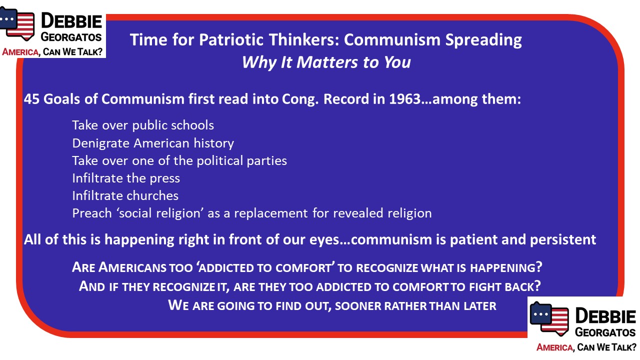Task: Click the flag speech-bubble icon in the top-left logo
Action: point(17,23)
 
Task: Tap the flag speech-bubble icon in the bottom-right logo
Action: point(549,319)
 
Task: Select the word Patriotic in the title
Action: point(231,39)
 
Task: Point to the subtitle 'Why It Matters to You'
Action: point(326,62)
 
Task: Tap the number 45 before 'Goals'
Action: point(31,99)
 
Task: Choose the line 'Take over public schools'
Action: point(143,125)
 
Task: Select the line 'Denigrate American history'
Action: point(153,143)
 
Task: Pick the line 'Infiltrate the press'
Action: point(126,178)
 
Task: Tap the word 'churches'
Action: point(152,195)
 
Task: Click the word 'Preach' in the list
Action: point(91,213)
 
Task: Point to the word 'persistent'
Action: point(563,239)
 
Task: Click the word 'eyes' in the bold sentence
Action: point(324,240)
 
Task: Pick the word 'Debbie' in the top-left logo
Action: point(71,21)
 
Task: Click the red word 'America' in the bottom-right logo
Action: point(554,347)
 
